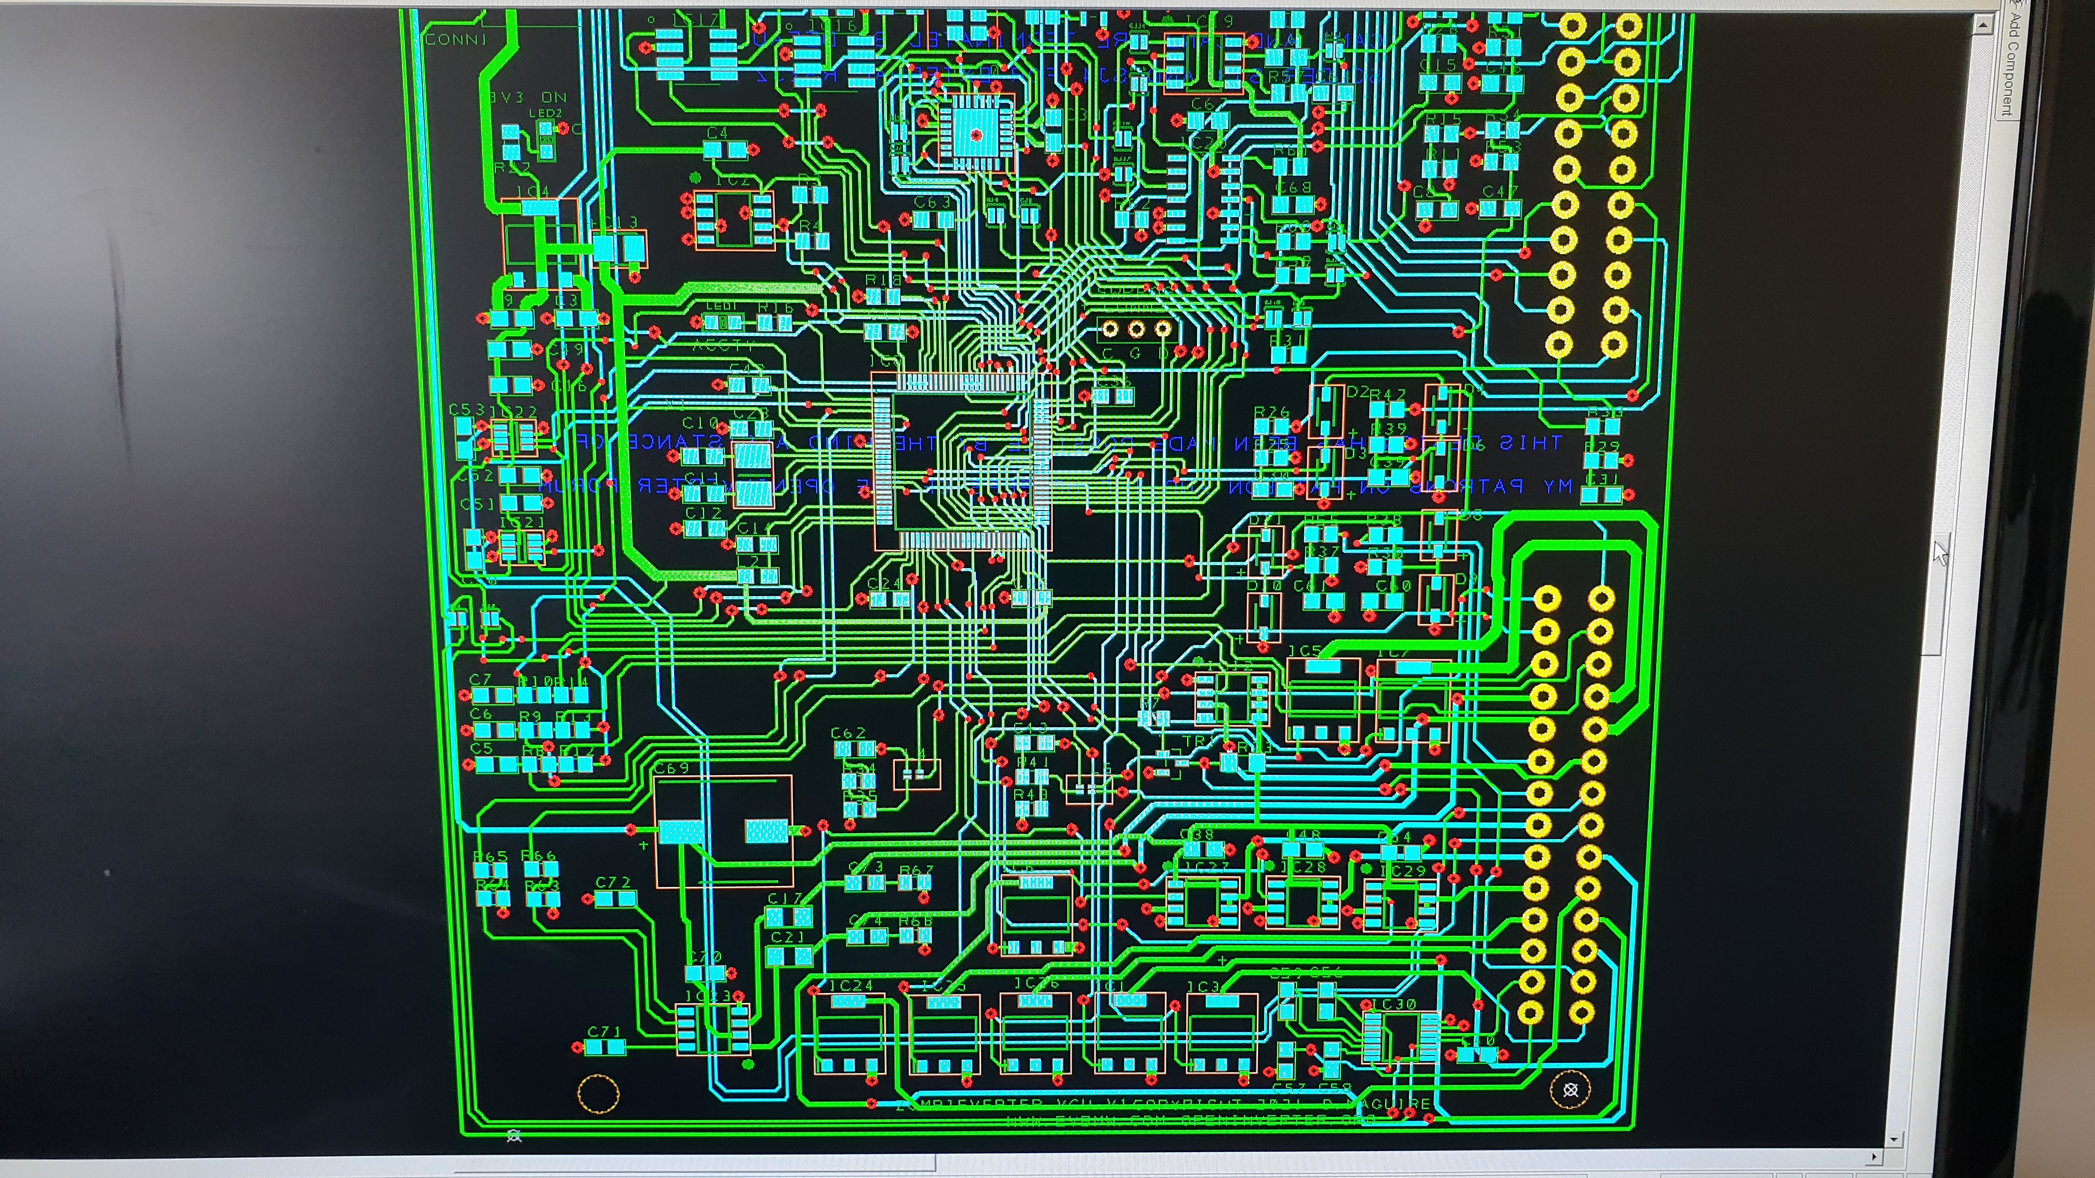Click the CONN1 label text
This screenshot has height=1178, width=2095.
click(x=456, y=39)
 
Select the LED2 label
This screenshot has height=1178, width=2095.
click(x=546, y=113)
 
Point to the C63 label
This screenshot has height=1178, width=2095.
click(x=932, y=202)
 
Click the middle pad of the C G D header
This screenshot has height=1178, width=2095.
click(x=1136, y=328)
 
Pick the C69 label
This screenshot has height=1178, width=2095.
click(x=672, y=768)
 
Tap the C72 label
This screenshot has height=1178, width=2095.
click(x=613, y=882)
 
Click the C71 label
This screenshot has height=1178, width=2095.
click(x=604, y=1031)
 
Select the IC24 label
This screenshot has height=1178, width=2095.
click(x=851, y=985)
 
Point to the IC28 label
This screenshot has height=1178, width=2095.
click(x=1304, y=867)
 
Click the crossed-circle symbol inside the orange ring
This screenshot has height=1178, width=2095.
click(x=1570, y=1089)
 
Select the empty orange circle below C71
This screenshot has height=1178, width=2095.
click(x=598, y=1093)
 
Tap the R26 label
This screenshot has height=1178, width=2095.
click(x=1271, y=412)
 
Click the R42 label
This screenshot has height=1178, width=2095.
click(x=1387, y=394)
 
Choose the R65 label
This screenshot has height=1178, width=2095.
click(x=490, y=856)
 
